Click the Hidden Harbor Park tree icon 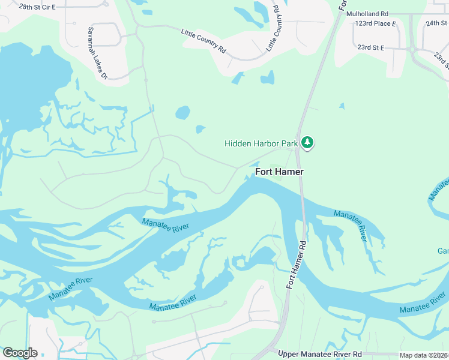pos(307,143)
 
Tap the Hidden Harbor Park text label pos(261,143)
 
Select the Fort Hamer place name pos(279,172)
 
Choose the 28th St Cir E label pos(37,7)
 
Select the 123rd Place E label pos(375,23)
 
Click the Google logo pos(20,353)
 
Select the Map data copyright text pos(424,355)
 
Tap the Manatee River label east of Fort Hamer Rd pos(350,226)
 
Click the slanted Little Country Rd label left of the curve pos(203,40)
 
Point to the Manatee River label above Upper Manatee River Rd pos(173,303)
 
